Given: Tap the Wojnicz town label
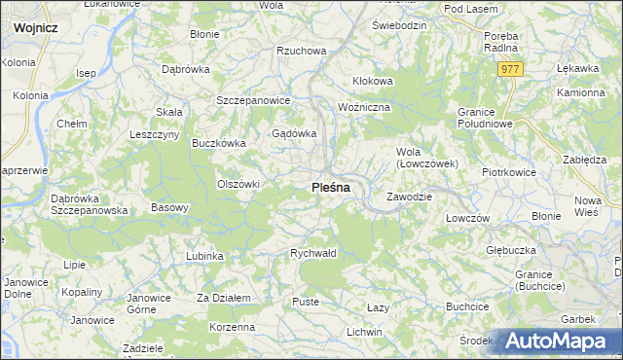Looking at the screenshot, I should [x=35, y=28].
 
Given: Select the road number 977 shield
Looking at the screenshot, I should [x=510, y=69].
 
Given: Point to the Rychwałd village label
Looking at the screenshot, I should [x=313, y=253].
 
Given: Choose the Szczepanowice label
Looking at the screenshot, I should [x=254, y=100].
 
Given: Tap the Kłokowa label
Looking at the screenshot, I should [x=372, y=81].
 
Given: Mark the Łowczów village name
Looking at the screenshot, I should [x=466, y=218].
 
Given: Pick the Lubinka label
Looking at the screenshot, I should [x=204, y=256].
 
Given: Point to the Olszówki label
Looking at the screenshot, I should [x=238, y=184].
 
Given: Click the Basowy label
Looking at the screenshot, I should [x=169, y=207].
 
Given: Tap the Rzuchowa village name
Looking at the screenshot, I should [x=300, y=51].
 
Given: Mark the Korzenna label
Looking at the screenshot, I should [x=232, y=327].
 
